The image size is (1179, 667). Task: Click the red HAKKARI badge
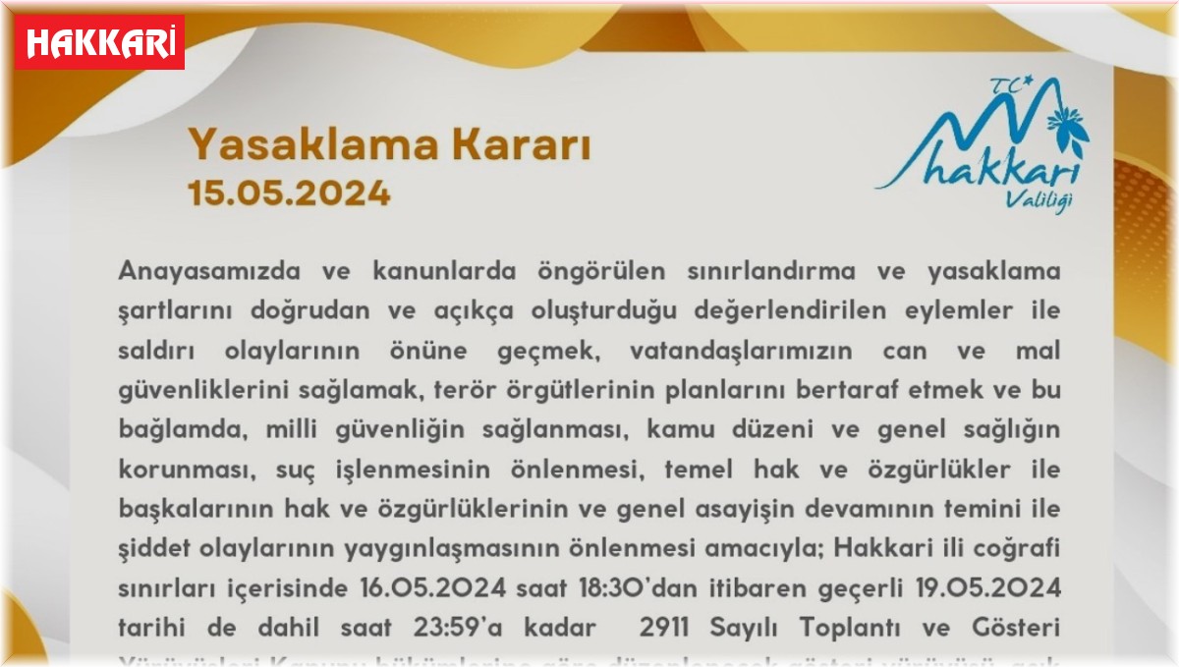(99, 41)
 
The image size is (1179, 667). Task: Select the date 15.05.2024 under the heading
(289, 193)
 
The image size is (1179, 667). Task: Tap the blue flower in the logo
(1069, 127)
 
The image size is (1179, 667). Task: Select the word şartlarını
(175, 309)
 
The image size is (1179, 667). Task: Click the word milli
(343, 429)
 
